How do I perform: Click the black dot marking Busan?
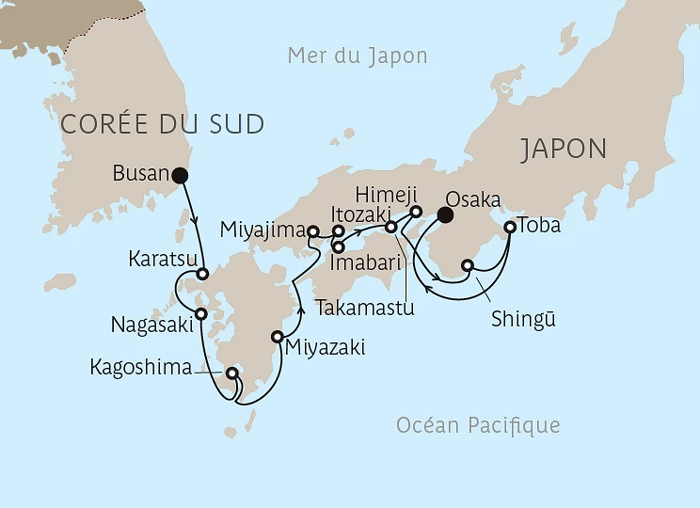180,174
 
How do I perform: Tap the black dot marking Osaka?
446,215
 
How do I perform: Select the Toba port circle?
510,227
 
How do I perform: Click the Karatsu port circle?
201,275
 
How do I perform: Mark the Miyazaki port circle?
278,337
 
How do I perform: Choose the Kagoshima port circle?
231,373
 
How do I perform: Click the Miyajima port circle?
314,230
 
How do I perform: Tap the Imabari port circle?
338,247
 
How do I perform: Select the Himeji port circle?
415,212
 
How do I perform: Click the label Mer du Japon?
358,56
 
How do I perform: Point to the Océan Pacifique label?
478,425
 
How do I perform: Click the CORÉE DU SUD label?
161,123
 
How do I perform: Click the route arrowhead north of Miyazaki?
300,306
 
